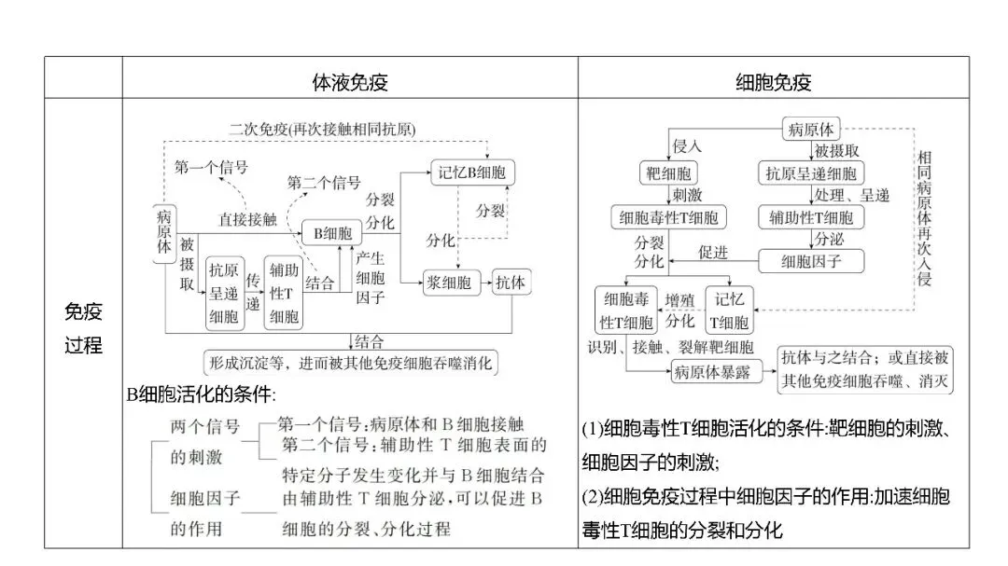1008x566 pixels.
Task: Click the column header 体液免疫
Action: pyautogui.click(x=349, y=82)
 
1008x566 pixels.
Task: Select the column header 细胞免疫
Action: pyautogui.click(x=773, y=82)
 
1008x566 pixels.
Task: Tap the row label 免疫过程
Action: pyautogui.click(x=83, y=328)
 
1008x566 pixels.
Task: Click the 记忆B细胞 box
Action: pyautogui.click(x=472, y=172)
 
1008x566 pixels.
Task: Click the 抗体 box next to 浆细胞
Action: pyautogui.click(x=511, y=282)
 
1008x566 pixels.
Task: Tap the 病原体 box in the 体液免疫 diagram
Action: pyautogui.click(x=164, y=229)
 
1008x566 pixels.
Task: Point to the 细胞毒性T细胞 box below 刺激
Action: pyautogui.click(x=669, y=217)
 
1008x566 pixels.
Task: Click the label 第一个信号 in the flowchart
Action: pyautogui.click(x=211, y=167)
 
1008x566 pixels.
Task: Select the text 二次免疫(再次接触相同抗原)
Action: pyautogui.click(x=323, y=128)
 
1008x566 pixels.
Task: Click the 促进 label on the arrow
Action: pyautogui.click(x=713, y=252)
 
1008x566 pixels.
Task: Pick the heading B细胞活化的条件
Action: pyautogui.click(x=202, y=393)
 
